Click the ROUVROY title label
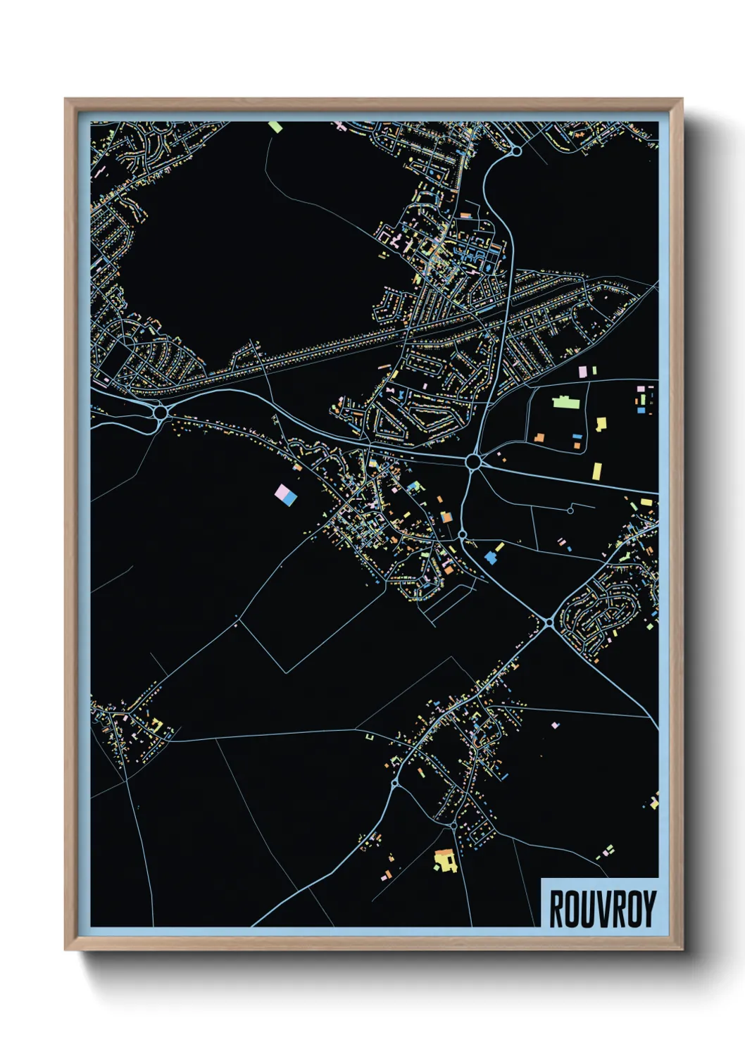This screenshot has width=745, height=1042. point(602,908)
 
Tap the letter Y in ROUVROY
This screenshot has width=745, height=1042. point(649,909)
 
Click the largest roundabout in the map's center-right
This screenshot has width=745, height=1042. point(473,462)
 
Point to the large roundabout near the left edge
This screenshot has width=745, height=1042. point(161,413)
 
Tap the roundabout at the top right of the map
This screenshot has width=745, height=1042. point(516,151)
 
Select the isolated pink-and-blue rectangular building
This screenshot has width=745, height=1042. point(285,494)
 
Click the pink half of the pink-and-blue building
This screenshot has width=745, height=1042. point(282,491)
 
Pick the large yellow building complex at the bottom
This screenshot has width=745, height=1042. point(444,860)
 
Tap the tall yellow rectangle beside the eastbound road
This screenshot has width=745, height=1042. point(597,470)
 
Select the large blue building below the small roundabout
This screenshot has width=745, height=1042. point(490,558)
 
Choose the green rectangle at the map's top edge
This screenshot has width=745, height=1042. point(275,127)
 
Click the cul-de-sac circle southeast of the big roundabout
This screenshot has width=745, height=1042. point(570,510)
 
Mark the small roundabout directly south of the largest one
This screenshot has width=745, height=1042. point(462,535)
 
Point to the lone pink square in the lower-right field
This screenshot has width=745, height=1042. point(555,724)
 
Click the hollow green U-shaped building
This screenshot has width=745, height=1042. point(370,737)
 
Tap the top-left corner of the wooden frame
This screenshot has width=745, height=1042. point(66,100)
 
